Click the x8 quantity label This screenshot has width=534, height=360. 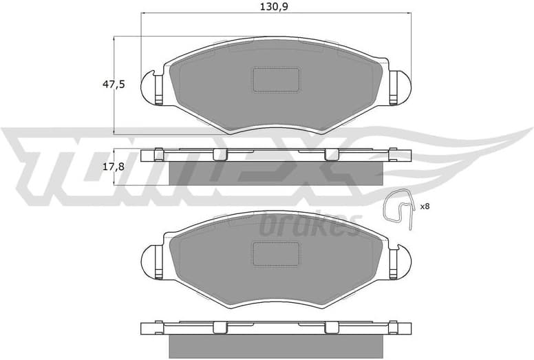(x=424, y=206)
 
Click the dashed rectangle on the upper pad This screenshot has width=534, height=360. (x=276, y=79)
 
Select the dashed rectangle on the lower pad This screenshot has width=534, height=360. (x=276, y=253)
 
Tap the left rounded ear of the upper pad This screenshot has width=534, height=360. (x=149, y=87)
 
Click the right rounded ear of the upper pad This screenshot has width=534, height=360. (x=403, y=87)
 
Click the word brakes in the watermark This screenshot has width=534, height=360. (x=310, y=224)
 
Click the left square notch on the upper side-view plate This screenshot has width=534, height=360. (x=220, y=153)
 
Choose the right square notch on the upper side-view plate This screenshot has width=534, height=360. (x=331, y=153)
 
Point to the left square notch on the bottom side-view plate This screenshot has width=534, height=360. (x=220, y=327)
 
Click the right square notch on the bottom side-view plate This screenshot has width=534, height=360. (x=331, y=327)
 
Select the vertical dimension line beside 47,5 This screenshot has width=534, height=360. (x=114, y=85)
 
